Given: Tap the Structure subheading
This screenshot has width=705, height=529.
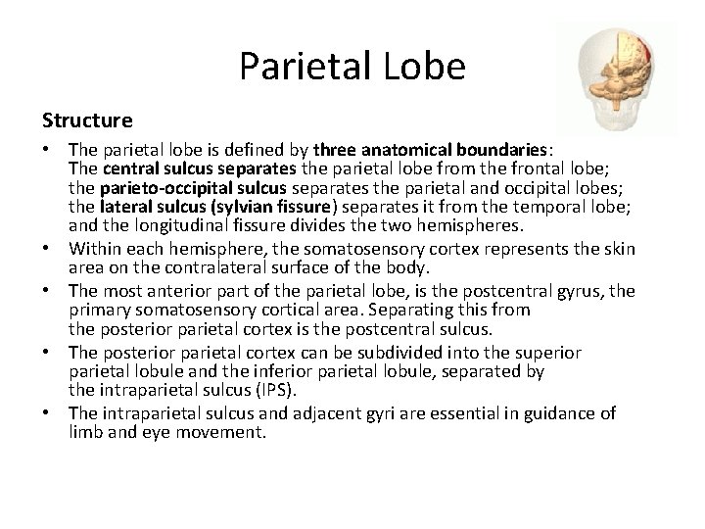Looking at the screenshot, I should tap(86, 120).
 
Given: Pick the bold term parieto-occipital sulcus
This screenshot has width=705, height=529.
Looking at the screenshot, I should tap(177, 188).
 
